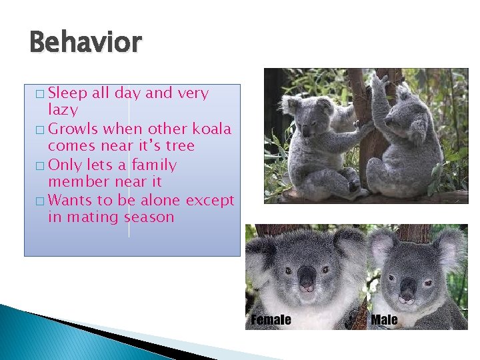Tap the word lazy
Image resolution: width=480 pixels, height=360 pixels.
click(x=63, y=110)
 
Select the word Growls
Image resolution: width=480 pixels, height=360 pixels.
click(x=73, y=129)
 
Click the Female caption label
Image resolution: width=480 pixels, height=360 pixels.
click(x=271, y=320)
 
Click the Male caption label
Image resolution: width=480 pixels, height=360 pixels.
click(x=384, y=320)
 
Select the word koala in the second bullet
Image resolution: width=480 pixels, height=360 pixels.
click(x=211, y=129)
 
